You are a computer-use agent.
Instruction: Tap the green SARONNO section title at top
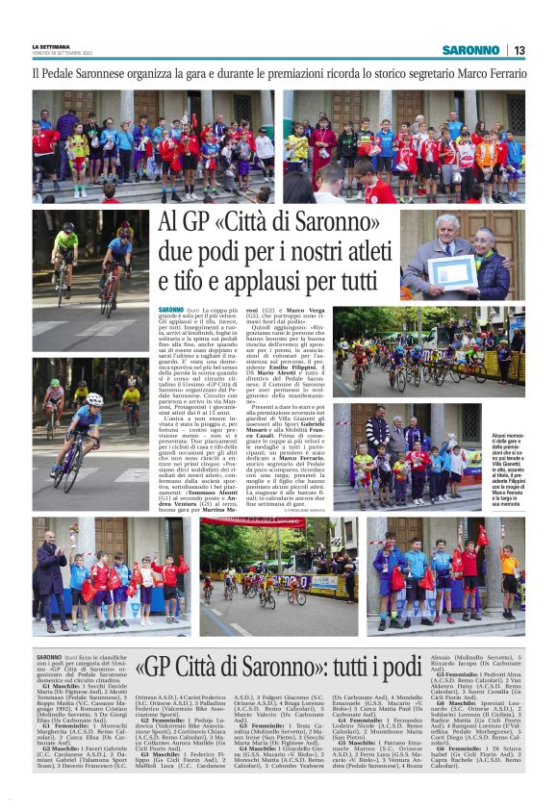tap(471, 50)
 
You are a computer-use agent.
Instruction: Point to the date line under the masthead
tap(60, 52)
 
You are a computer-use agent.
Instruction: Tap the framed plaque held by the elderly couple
tap(451, 271)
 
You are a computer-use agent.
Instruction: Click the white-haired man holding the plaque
tap(432, 250)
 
